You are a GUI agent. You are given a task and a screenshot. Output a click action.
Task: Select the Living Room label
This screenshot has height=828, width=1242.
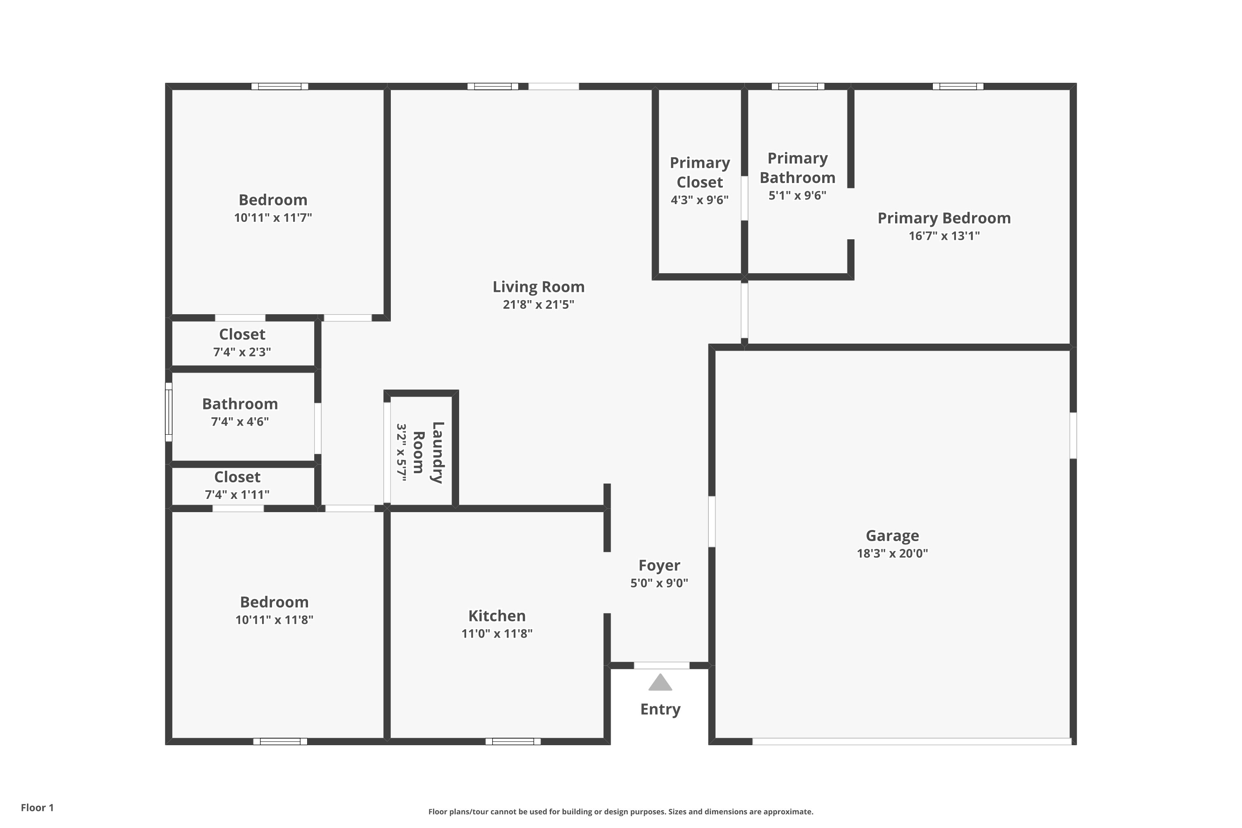pyautogui.click(x=539, y=287)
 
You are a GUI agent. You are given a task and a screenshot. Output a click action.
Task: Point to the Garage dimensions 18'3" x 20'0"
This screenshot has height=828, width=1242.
pyautogui.click(x=893, y=554)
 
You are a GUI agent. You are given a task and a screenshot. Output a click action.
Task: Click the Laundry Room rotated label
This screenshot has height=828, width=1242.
pyautogui.click(x=428, y=453)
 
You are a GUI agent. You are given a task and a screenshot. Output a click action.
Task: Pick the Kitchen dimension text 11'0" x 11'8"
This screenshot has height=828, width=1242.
pyautogui.click(x=497, y=634)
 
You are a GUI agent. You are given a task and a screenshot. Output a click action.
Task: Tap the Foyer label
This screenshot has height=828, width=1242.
pyautogui.click(x=660, y=566)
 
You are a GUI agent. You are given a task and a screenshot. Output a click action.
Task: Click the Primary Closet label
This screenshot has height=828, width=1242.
pyautogui.click(x=700, y=172)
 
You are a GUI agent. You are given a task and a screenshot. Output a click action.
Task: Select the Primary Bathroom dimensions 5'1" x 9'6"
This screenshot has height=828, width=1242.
pyautogui.click(x=797, y=195)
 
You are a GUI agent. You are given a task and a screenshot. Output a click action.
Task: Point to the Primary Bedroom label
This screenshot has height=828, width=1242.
pyautogui.click(x=944, y=218)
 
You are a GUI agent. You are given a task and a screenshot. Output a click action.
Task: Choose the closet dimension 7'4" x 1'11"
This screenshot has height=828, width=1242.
pyautogui.click(x=237, y=495)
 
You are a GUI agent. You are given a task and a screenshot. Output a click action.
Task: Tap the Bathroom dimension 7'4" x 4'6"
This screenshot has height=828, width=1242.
pyautogui.click(x=240, y=422)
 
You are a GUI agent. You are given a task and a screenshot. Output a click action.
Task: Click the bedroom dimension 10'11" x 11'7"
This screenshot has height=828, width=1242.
pyautogui.click(x=273, y=218)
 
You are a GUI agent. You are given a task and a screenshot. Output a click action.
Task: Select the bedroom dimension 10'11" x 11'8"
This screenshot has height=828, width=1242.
pyautogui.click(x=274, y=620)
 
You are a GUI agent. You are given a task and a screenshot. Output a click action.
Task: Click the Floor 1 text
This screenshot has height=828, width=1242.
pyautogui.click(x=38, y=807)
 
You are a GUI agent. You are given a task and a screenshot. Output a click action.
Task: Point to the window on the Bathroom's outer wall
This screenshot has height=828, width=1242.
pyautogui.click(x=168, y=412)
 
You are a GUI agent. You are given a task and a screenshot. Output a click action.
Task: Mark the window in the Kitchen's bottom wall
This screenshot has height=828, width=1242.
pyautogui.click(x=513, y=741)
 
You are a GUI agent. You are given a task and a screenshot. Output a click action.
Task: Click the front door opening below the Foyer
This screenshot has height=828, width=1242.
pyautogui.click(x=662, y=665)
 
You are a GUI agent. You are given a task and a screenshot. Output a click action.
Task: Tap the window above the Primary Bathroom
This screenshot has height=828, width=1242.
pyautogui.click(x=798, y=87)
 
